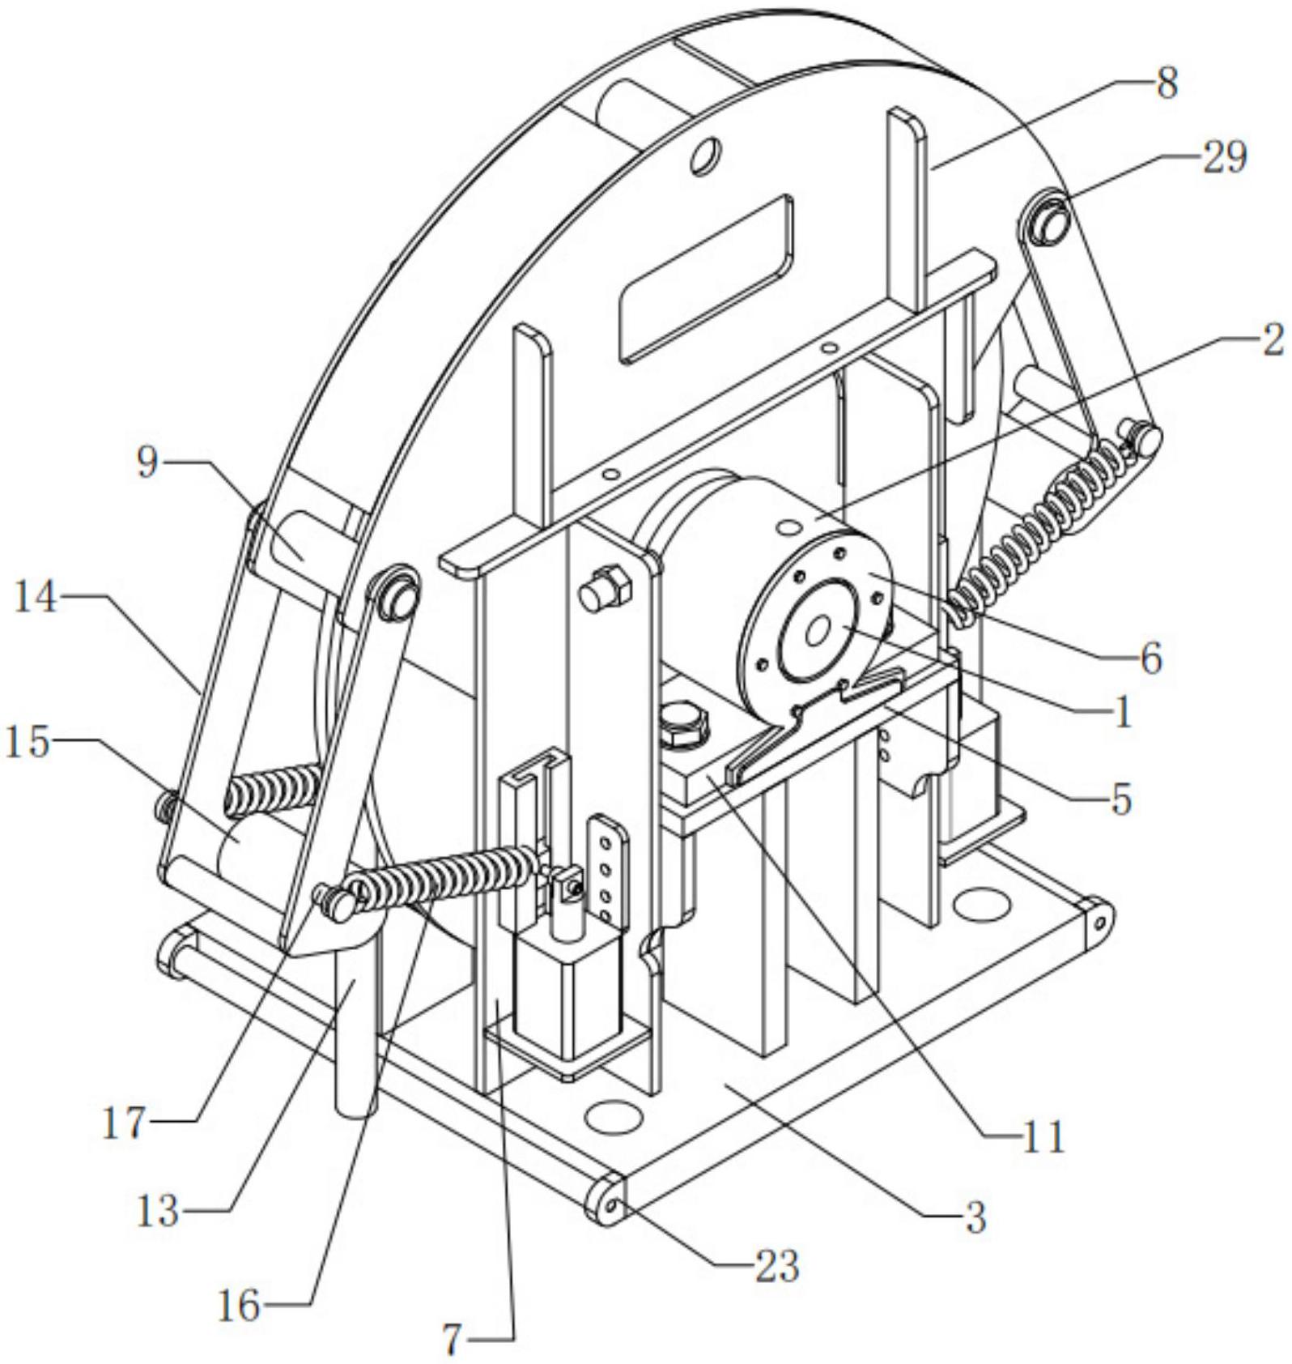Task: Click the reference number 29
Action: [x=1224, y=157]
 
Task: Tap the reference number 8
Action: [x=1167, y=83]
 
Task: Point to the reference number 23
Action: [x=776, y=1265]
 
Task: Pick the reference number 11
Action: [x=1043, y=1137]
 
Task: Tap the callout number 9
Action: [x=147, y=462]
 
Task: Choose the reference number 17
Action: [x=124, y=1124]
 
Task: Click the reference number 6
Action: [x=1151, y=658]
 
